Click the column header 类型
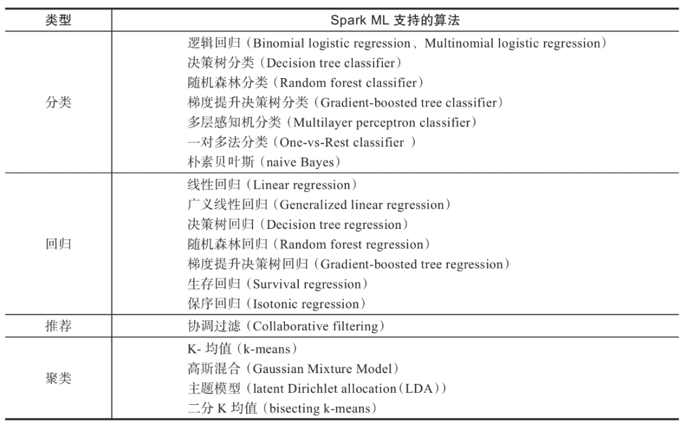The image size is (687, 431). (x=58, y=20)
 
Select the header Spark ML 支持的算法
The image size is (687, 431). (x=394, y=20)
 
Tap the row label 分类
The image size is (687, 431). (x=58, y=103)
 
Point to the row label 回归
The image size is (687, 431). (x=58, y=245)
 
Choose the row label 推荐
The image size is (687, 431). (x=58, y=326)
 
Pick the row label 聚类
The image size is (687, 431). (x=58, y=379)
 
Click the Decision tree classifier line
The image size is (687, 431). (x=295, y=63)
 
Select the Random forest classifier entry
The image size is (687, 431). (x=305, y=83)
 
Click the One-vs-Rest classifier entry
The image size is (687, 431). (x=302, y=142)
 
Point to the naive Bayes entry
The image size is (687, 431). (x=264, y=162)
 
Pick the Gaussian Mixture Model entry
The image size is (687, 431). (x=296, y=369)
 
